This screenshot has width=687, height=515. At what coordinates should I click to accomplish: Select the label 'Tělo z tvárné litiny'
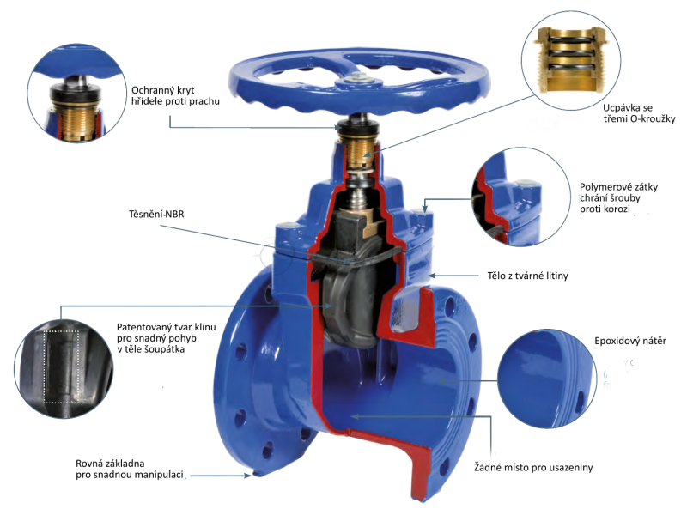click(x=523, y=276)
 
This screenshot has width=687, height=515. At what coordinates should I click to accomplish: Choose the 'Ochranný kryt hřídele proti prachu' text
click(x=176, y=94)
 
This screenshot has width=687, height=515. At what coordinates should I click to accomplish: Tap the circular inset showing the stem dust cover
click(x=74, y=94)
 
